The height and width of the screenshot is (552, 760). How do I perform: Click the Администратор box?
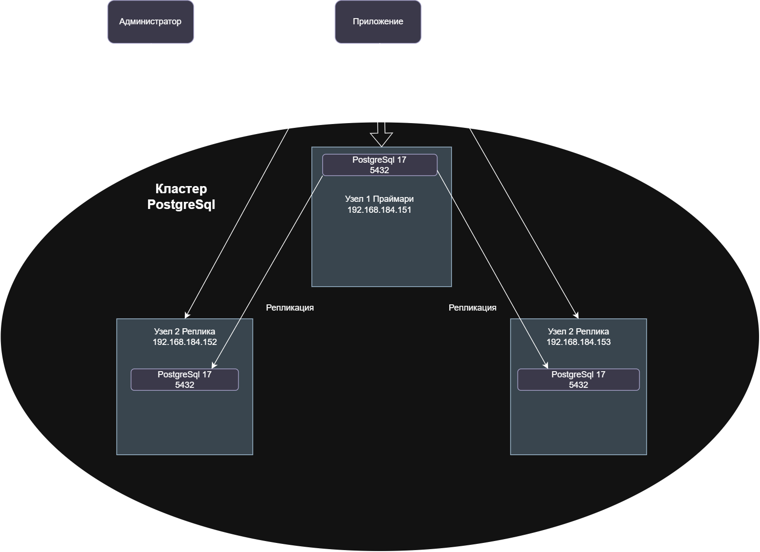click(150, 22)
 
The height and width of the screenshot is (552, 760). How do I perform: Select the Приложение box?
click(378, 22)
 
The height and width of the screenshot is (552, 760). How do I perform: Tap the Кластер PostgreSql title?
click(181, 197)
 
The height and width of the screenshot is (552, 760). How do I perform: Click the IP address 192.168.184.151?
click(380, 210)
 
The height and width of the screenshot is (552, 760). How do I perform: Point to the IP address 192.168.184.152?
click(185, 342)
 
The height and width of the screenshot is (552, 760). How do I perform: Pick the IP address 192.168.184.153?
click(578, 342)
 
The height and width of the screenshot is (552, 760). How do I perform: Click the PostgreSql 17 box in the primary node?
click(380, 165)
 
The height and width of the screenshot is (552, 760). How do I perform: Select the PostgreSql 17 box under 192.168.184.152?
click(185, 380)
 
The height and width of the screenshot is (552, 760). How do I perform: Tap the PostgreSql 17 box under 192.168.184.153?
click(578, 380)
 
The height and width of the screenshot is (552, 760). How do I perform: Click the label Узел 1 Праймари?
click(380, 199)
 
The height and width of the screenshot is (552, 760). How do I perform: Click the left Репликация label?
click(290, 308)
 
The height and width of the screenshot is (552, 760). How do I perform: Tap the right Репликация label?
click(473, 308)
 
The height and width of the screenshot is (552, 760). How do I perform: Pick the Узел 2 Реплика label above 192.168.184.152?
click(185, 332)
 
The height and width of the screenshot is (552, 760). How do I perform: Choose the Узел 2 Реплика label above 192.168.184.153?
click(578, 332)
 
